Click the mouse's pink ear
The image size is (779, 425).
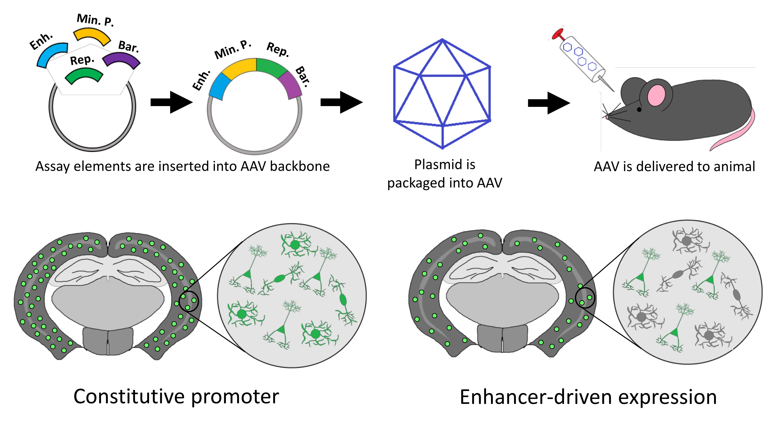(x=656, y=95)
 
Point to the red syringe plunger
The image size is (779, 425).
(x=558, y=34)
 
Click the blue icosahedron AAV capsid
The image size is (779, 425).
(x=442, y=94)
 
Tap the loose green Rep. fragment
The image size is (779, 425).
(x=84, y=76)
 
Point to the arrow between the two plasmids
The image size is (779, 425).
(x=171, y=102)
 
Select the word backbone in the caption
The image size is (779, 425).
(x=300, y=166)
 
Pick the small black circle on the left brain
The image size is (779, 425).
(x=189, y=301)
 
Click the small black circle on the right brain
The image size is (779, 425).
(x=585, y=298)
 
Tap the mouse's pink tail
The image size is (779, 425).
(x=741, y=133)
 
